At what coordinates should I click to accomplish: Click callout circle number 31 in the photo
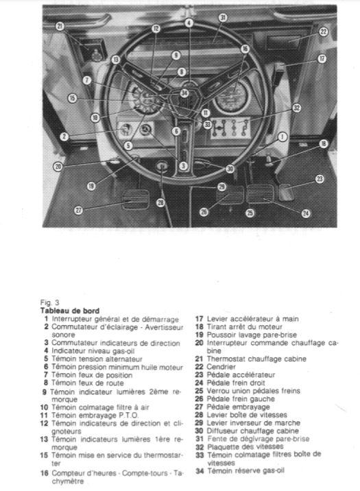[x=223, y=18]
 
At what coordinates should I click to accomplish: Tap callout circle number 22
[x=324, y=32]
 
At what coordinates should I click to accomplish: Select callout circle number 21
[x=60, y=26]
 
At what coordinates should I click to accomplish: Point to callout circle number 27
[x=78, y=210]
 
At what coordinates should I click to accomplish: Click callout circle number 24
[x=306, y=213]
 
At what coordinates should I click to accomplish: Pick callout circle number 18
[x=324, y=144]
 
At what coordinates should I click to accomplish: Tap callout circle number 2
[x=64, y=136]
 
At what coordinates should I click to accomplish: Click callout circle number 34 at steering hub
[x=184, y=93]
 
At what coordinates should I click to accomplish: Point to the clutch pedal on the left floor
[x=135, y=199]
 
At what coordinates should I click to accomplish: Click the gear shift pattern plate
[x=231, y=128]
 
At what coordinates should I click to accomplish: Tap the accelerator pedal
[x=286, y=192]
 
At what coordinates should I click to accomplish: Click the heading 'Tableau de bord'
[x=70, y=311]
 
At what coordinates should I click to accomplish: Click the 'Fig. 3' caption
[x=50, y=302]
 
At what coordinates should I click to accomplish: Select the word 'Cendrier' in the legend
[x=221, y=367]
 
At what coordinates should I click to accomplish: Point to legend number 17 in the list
[x=200, y=319]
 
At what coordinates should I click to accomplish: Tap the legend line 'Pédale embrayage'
[x=238, y=407]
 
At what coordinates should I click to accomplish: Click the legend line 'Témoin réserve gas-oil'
[x=245, y=470]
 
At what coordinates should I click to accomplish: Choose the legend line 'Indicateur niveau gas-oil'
[x=93, y=351]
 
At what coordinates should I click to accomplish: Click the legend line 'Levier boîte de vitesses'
[x=247, y=415]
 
